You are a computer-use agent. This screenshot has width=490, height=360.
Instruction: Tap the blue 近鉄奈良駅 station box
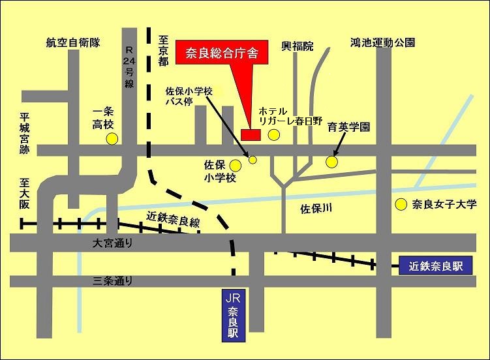click(435, 265)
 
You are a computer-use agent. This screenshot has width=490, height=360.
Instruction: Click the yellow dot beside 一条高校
click(112, 138)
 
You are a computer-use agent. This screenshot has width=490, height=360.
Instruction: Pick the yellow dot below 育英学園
click(332, 160)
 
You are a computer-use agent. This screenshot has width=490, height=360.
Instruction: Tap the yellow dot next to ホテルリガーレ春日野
click(274, 134)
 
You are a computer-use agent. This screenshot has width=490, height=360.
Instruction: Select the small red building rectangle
click(251, 134)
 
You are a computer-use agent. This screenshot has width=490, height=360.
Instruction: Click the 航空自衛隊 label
click(72, 43)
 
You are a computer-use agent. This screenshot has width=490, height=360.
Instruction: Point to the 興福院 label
click(297, 46)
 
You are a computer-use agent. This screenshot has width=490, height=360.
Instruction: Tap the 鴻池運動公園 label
click(382, 43)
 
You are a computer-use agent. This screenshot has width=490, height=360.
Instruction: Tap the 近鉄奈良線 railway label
click(173, 219)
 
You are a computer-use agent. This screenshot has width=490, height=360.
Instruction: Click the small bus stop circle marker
click(253, 160)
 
